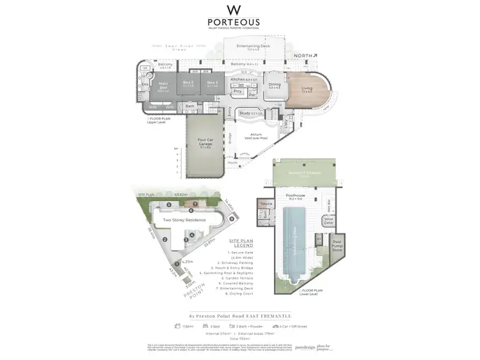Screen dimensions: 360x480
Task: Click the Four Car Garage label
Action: (x=205, y=145)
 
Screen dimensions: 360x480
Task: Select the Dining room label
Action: (x=275, y=86)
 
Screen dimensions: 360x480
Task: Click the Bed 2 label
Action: (x=188, y=84)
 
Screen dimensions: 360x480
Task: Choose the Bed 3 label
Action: (x=212, y=84)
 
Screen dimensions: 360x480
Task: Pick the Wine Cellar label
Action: (x=329, y=221)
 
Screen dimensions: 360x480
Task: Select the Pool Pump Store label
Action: (x=337, y=246)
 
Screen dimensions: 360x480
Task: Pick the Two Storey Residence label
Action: (x=185, y=219)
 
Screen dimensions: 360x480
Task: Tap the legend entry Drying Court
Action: (x=238, y=293)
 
